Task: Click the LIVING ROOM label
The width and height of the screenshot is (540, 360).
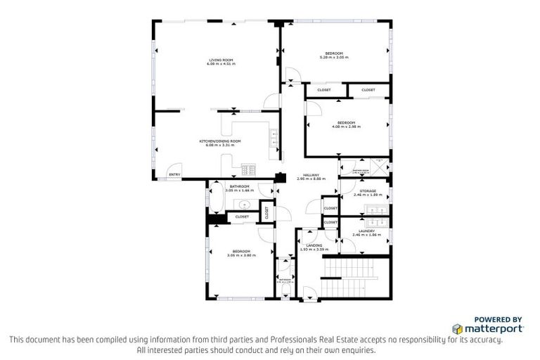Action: point(220,60)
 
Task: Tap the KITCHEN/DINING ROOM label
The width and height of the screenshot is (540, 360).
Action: point(220,141)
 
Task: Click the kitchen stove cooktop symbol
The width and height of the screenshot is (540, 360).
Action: point(248,169)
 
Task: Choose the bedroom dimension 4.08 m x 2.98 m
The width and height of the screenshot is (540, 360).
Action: point(346,127)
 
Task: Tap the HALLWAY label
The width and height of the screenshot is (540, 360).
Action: point(311,175)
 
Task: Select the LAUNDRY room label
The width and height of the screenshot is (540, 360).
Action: point(366,231)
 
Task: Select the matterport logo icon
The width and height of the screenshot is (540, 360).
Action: point(458,328)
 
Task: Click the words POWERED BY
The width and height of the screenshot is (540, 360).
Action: point(498,319)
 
